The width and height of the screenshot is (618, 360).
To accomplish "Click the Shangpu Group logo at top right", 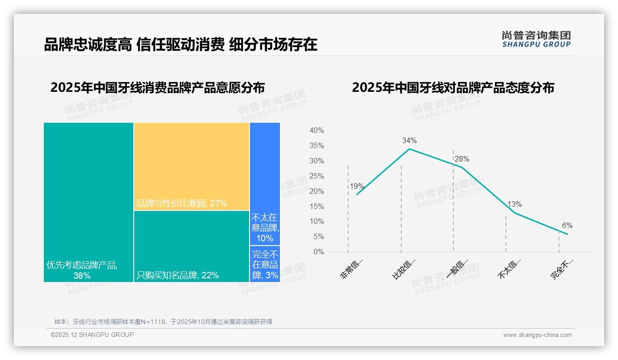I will tap(536, 39).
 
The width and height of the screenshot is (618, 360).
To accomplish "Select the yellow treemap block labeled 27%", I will tap(191, 166).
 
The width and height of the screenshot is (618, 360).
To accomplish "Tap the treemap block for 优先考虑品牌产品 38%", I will tap(89, 202).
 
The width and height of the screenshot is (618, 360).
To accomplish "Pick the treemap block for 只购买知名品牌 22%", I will tap(191, 246).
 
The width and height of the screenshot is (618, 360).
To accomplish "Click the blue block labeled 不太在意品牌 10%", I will tap(265, 184).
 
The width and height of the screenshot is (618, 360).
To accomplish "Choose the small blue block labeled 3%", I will tap(265, 264).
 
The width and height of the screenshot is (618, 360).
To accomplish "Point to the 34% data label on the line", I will tap(409, 140).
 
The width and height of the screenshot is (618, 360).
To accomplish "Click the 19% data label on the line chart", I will tap(357, 186).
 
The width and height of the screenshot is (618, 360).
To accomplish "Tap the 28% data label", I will tap(462, 159).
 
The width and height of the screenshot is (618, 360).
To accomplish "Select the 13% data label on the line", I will tap(514, 204).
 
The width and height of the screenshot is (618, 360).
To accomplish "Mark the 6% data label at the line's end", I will tap(567, 225).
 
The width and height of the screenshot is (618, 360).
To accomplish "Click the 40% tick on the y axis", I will tap(316, 131).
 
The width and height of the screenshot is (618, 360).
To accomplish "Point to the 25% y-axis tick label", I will tap(316, 176).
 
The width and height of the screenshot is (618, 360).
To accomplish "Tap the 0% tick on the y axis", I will tap(319, 252).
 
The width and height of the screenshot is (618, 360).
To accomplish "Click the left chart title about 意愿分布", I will tap(158, 88).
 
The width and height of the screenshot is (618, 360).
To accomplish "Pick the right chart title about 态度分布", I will tap(453, 88).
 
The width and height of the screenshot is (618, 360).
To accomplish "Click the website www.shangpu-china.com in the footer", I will tap(537, 335).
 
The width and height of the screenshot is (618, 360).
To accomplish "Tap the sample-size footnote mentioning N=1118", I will tap(163, 322).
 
